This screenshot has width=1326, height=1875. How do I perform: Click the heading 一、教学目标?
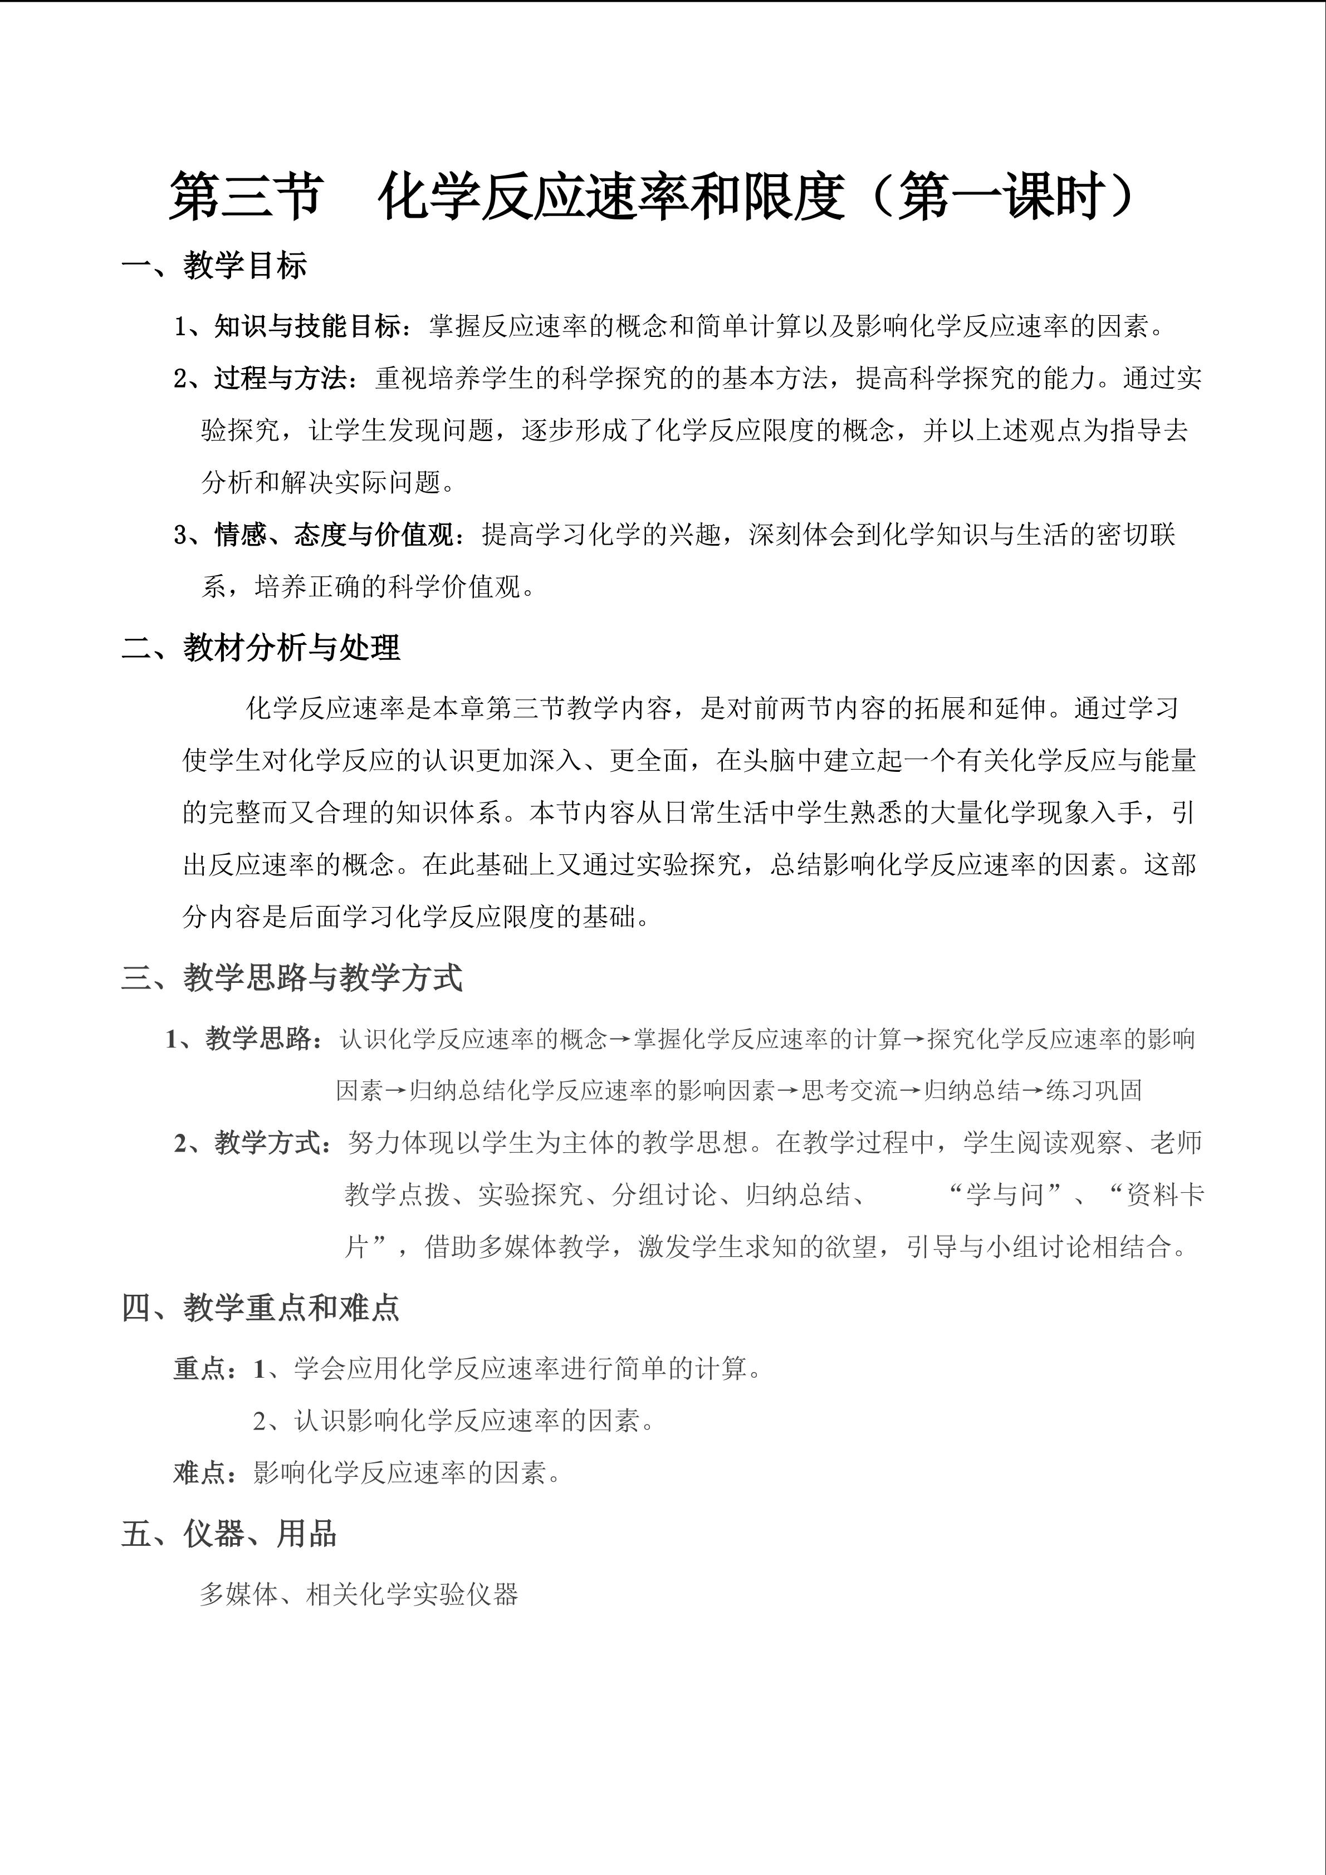click(x=214, y=266)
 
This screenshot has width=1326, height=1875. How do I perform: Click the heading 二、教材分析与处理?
click(x=261, y=648)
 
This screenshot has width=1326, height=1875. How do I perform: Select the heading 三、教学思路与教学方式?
click(x=291, y=977)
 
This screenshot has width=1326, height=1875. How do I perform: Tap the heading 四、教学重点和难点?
click(x=261, y=1308)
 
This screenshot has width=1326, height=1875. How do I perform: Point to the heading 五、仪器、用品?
click(x=229, y=1534)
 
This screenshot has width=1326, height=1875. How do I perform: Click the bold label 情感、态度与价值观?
click(x=334, y=536)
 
